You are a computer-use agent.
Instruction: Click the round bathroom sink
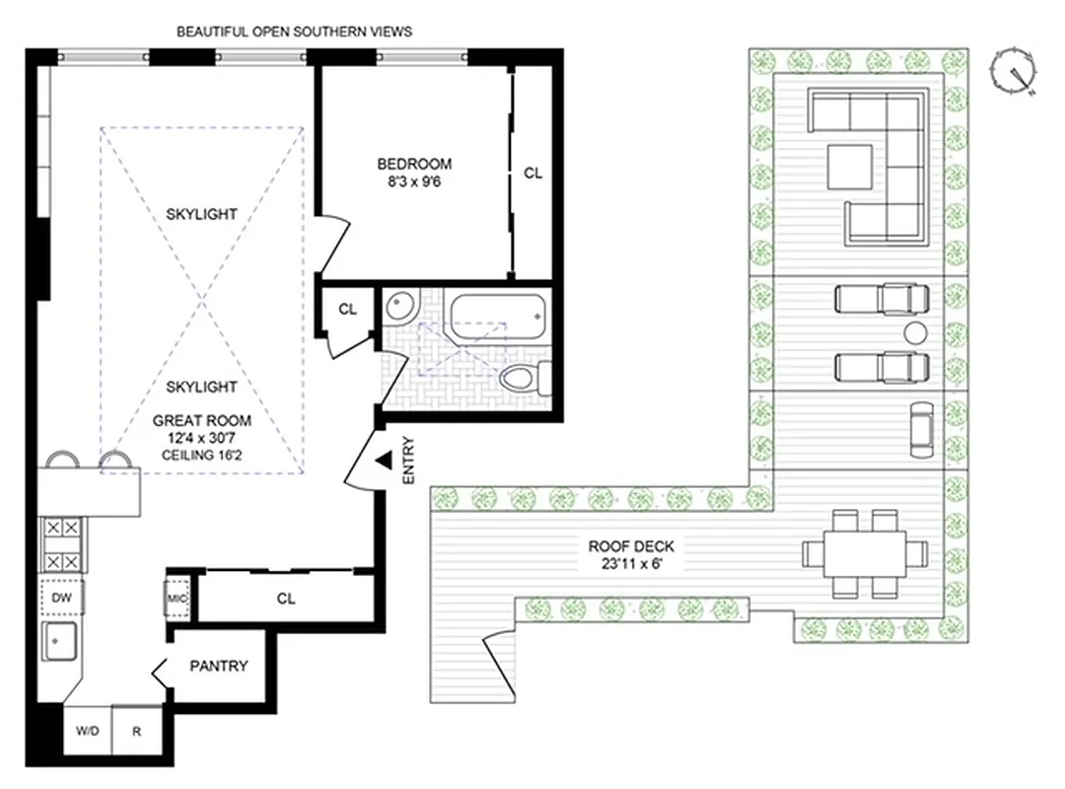(401, 307)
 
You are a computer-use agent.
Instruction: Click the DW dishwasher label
(62, 597)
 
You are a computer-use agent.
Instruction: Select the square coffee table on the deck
(849, 166)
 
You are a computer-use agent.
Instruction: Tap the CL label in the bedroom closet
(532, 173)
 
